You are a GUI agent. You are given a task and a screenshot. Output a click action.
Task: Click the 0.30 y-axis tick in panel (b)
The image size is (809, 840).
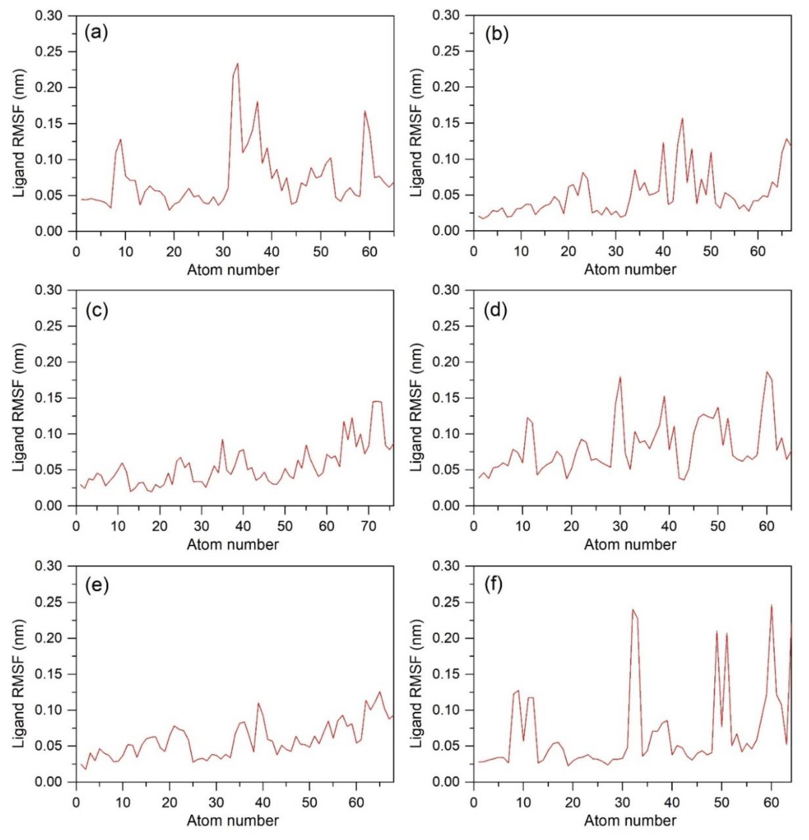click(448, 16)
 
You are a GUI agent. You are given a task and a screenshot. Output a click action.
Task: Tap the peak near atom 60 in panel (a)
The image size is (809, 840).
click(365, 111)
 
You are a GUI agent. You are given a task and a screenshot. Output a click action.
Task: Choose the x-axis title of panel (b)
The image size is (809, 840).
click(630, 270)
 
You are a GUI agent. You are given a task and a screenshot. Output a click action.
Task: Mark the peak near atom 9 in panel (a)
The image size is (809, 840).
click(121, 139)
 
